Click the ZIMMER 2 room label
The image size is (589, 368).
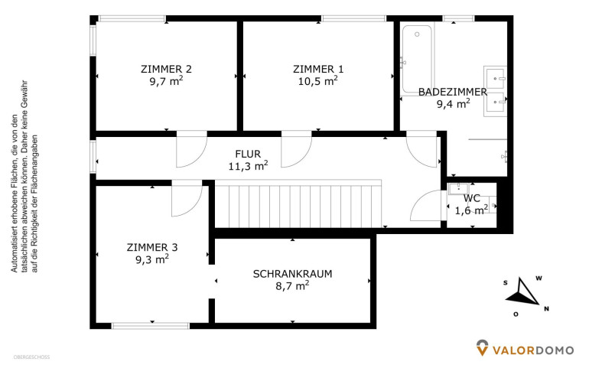pos(166,69)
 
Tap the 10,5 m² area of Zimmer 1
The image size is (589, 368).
pos(317,81)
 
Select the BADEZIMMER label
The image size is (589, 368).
pos(453,92)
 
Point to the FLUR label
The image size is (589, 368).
pos(248,154)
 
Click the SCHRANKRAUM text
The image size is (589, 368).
pos(293,274)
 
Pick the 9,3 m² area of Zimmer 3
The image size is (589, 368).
pos(152,259)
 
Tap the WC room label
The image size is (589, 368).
pos(471,198)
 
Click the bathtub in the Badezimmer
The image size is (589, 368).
pos(417,60)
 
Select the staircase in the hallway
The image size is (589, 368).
pos(298,204)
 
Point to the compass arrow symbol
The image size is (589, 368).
pos(522,292)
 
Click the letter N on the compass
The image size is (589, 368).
pos(547,309)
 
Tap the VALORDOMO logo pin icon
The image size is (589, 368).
pos(483,347)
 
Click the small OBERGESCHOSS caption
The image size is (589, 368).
pos(31,357)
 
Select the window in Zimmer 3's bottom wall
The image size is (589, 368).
pos(151,326)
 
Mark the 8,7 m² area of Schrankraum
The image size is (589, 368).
pos(292,285)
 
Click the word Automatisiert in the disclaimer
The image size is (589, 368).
pos(14,246)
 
